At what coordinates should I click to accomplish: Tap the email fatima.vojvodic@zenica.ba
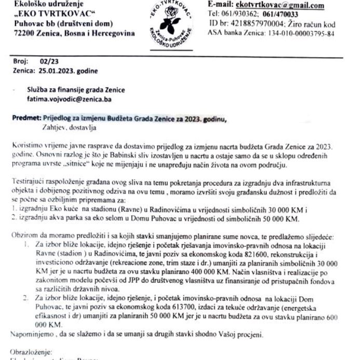[x=69, y=99]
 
